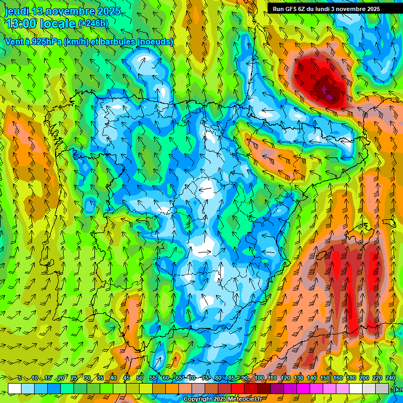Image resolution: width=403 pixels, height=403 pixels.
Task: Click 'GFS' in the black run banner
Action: point(290,9)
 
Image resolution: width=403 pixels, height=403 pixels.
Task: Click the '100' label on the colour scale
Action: point(259,378)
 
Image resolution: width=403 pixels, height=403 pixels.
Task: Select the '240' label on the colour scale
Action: point(390,378)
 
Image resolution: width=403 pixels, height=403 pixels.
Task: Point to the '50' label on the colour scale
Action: point(140,378)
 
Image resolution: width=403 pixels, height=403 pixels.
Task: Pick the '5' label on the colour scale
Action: point(20,378)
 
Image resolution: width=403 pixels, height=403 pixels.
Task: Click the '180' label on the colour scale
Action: point(351,378)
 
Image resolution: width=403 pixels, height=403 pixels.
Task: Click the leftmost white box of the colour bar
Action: point(15,388)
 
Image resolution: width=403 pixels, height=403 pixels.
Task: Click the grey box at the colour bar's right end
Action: point(383,388)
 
